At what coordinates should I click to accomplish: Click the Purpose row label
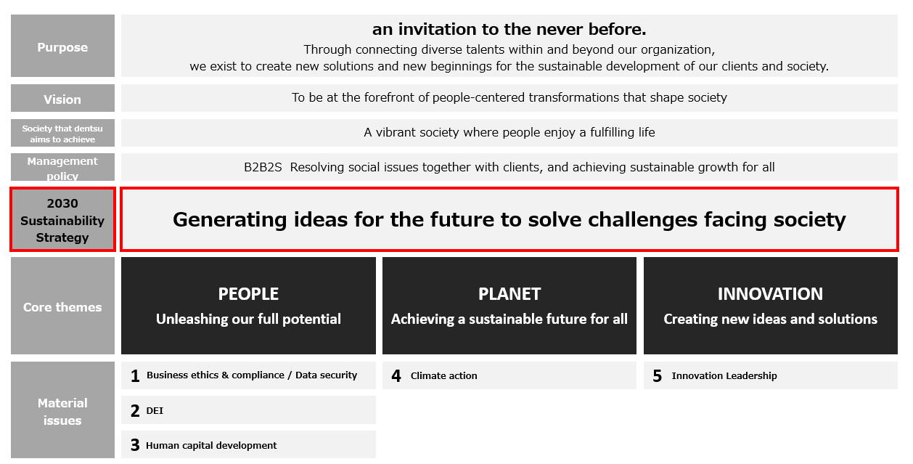tap(62, 47)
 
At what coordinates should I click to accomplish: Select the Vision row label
tap(62, 99)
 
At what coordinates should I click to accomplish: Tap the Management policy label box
tap(62, 168)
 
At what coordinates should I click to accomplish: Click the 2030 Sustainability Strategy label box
tap(62, 220)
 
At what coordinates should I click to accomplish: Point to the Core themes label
tap(62, 307)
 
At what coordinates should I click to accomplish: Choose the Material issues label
tap(62, 412)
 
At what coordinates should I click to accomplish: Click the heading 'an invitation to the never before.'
tap(509, 30)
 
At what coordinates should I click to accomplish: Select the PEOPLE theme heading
tap(248, 294)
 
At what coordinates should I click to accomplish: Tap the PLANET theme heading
tap(509, 294)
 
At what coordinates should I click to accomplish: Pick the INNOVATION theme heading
tap(770, 294)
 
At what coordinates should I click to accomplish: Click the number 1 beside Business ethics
tap(135, 376)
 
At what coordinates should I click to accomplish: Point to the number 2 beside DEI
tap(135, 411)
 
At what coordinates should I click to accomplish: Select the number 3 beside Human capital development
tap(135, 445)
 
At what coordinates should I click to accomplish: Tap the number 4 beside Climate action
tap(396, 376)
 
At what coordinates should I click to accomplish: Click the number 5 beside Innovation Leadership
tap(658, 376)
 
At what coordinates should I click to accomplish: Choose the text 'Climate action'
tap(444, 376)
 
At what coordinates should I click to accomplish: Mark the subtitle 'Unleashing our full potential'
tap(248, 319)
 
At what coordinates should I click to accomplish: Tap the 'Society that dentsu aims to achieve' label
tap(62, 134)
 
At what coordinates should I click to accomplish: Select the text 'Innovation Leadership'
tap(724, 376)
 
